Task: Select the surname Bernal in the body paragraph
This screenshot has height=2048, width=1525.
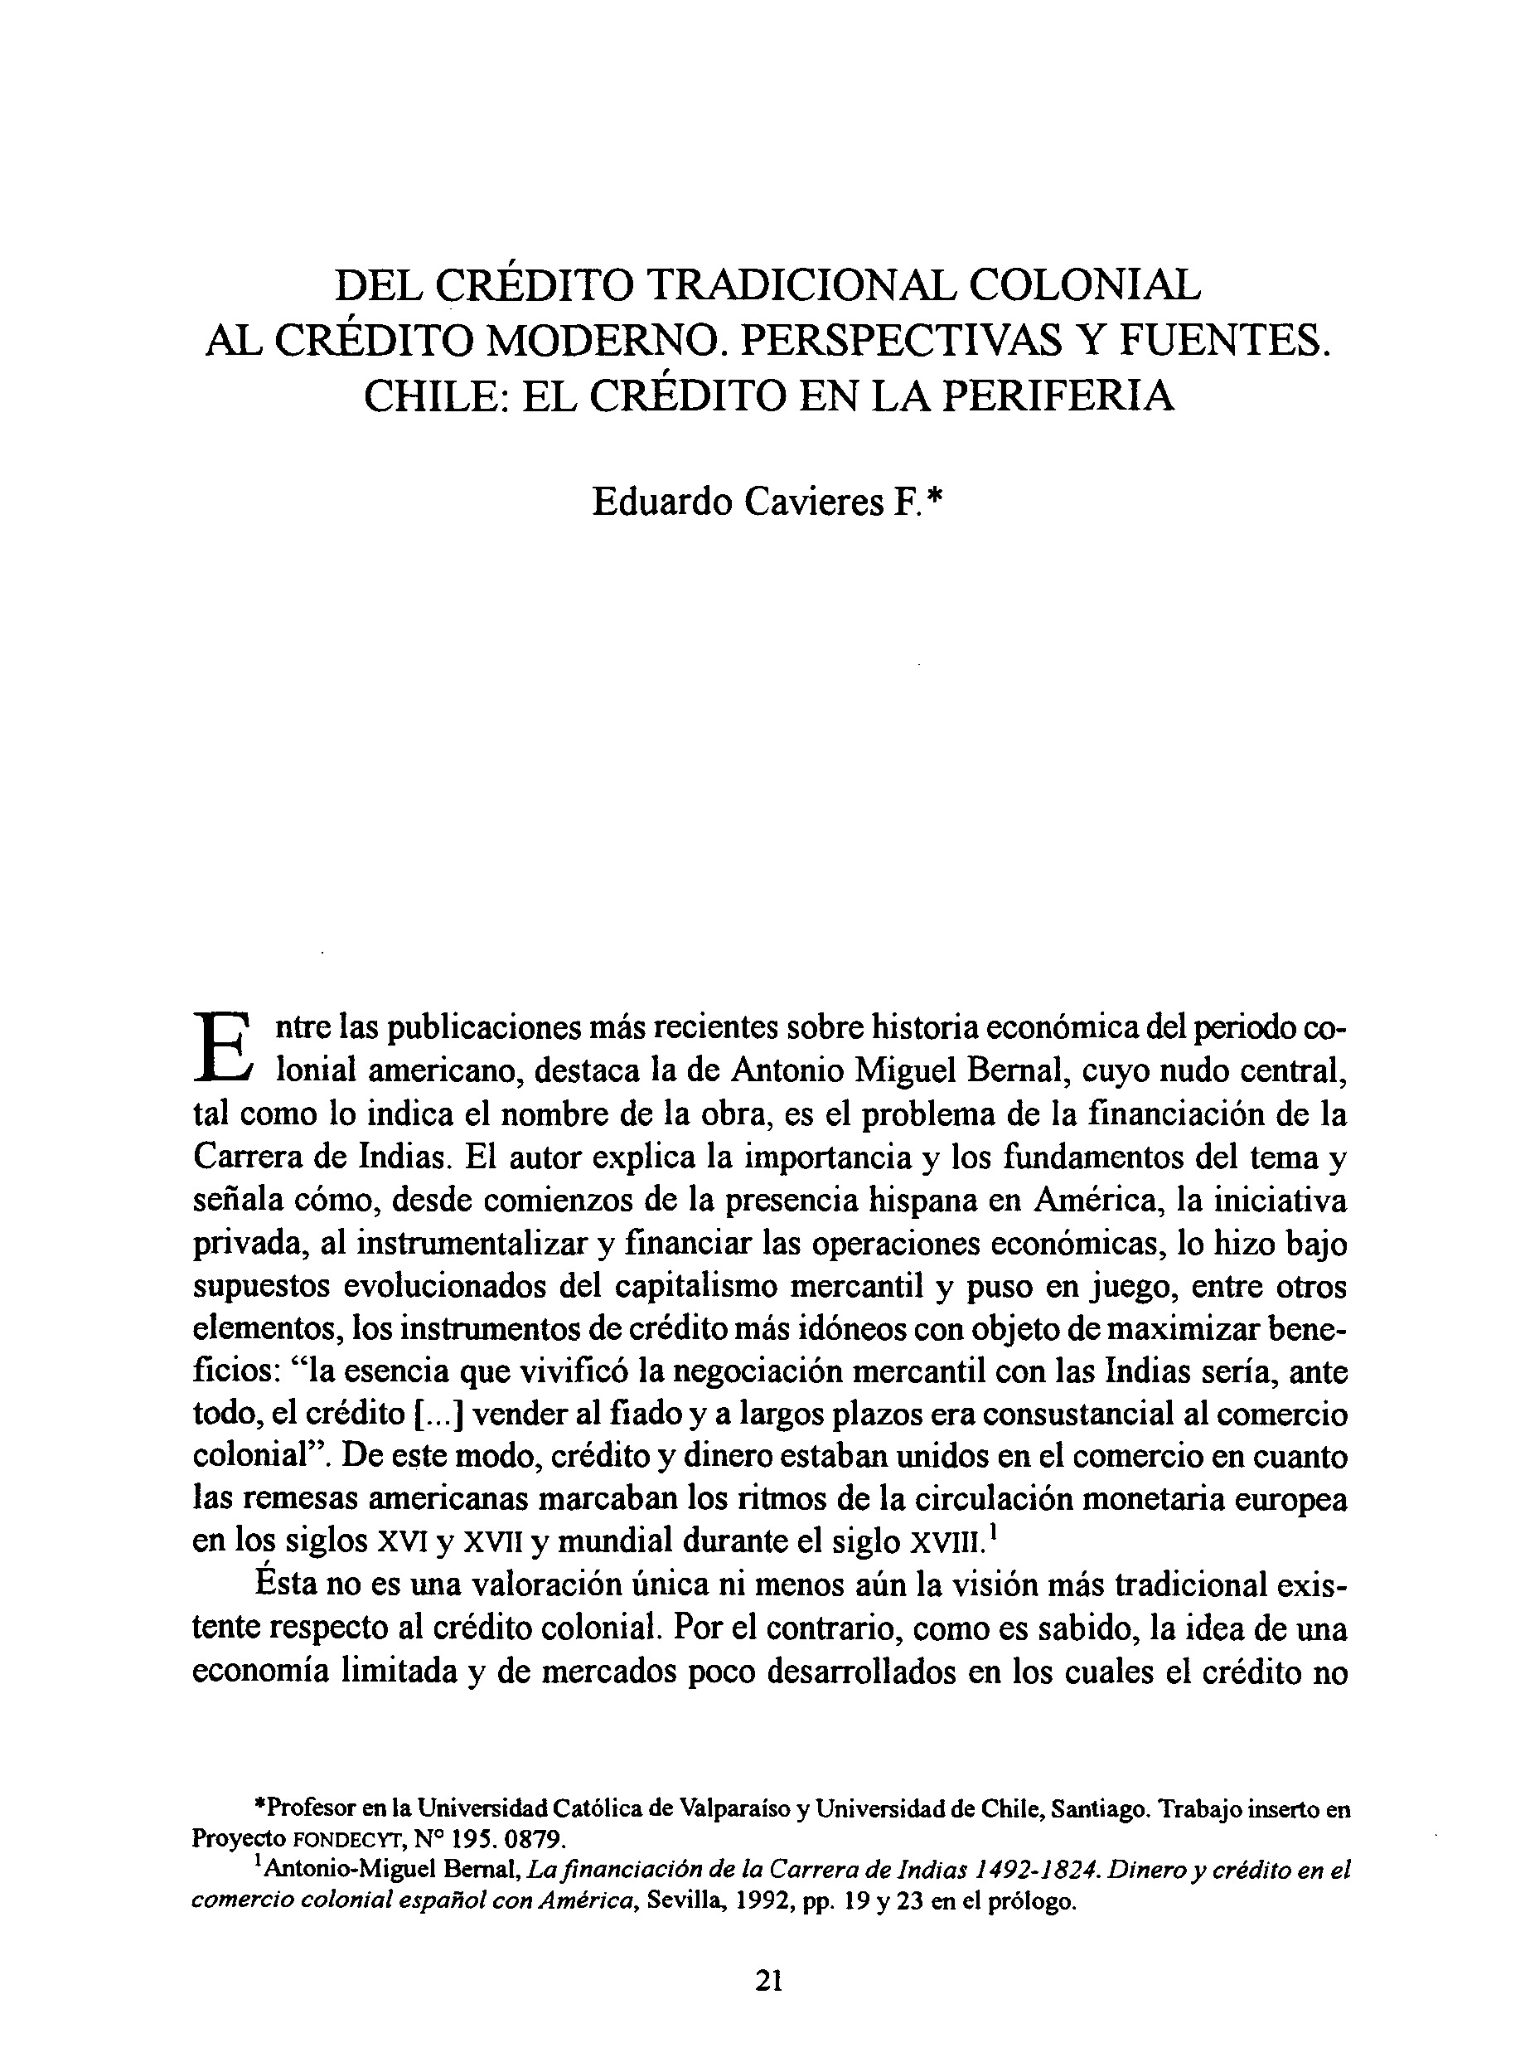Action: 1019,1071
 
